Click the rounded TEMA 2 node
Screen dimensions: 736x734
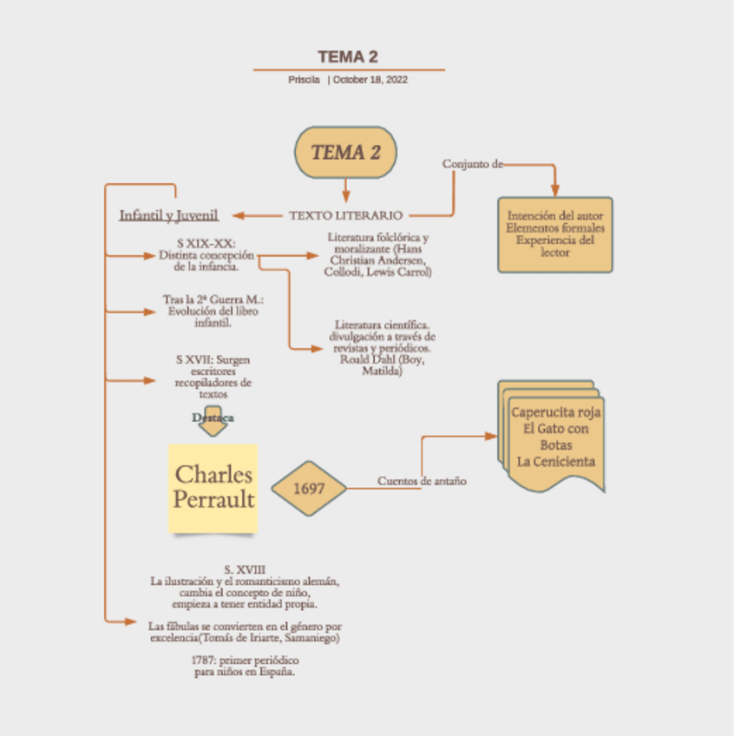coord(345,153)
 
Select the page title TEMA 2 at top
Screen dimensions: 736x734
coord(347,57)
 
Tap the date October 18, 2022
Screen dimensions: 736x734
coord(370,80)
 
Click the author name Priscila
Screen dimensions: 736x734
coord(304,80)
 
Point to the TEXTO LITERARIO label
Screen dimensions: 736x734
coord(345,215)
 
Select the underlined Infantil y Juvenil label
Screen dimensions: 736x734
coord(168,215)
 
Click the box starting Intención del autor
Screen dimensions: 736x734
coord(555,234)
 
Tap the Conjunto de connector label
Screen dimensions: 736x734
coord(472,163)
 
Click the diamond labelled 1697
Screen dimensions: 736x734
coord(309,489)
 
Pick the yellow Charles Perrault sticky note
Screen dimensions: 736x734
coord(213,488)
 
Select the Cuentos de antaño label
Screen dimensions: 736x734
coord(422,481)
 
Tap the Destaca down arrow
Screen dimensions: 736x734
coord(213,419)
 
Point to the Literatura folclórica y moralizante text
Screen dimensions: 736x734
coord(378,254)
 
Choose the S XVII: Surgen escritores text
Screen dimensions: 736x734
coord(213,376)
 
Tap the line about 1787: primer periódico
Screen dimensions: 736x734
coord(244,666)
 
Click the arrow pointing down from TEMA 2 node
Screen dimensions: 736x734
coord(345,191)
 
